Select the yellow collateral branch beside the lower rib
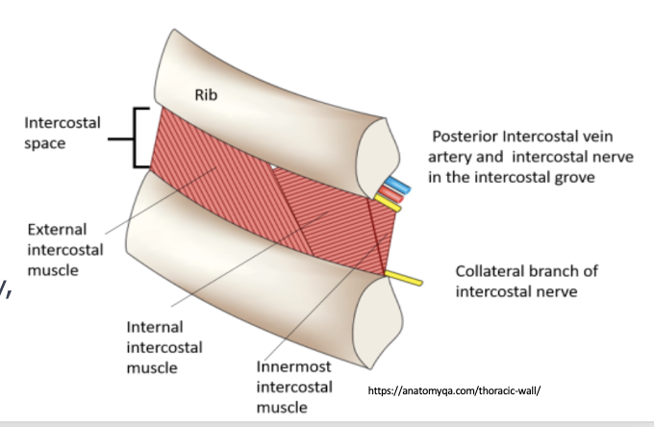tap(405, 280)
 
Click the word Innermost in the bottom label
tap(294, 366)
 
